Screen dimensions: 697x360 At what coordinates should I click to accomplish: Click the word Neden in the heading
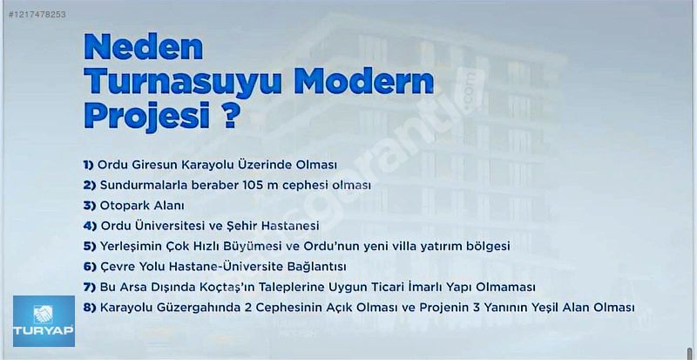pos(143,47)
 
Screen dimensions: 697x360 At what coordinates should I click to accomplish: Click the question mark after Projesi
pos(230,115)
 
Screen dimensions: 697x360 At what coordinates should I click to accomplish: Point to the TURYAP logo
pos(44,321)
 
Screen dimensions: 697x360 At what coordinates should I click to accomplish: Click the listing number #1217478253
pos(37,14)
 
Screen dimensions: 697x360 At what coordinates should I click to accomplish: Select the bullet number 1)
pos(89,165)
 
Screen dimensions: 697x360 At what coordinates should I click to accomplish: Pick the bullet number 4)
pos(90,226)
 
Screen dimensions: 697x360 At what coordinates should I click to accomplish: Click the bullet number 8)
pos(90,308)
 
